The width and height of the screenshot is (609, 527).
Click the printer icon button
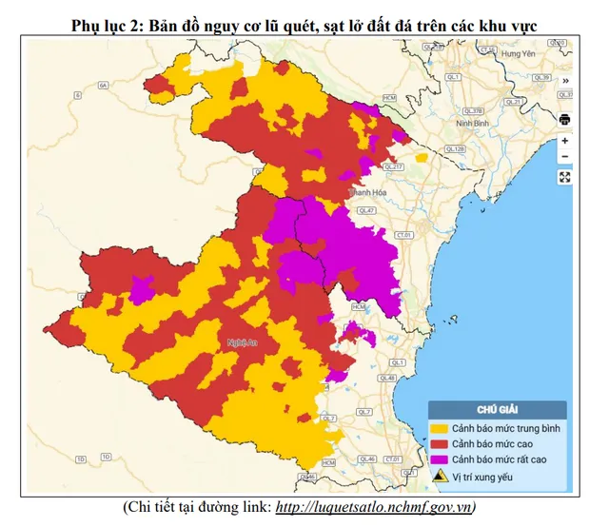tap(564, 120)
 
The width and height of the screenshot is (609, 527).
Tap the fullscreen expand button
tap(564, 177)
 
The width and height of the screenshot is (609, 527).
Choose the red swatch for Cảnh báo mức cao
tap(441, 443)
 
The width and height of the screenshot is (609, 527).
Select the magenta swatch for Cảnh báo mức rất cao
tap(441, 459)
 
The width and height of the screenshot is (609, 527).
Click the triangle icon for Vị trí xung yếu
tap(441, 477)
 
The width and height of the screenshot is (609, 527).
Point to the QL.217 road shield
tap(394, 166)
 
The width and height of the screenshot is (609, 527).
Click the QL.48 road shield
tap(387, 379)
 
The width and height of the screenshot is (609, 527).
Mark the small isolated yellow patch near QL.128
tap(421, 158)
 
